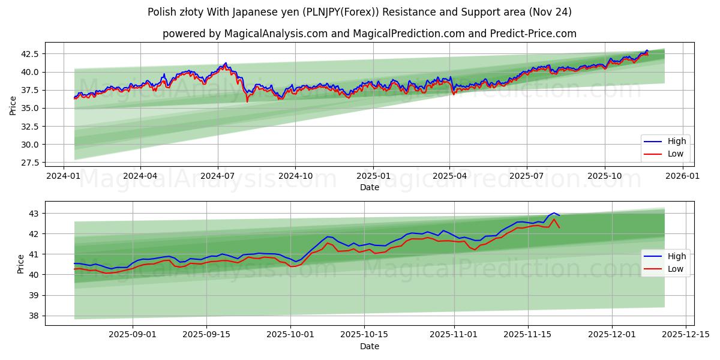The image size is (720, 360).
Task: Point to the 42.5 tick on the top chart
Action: [x=30, y=54]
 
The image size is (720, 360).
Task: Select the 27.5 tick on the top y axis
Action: [x=30, y=163]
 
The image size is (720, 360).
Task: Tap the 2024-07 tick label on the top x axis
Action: [x=217, y=176]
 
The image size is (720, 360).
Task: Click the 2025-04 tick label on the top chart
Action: [x=449, y=176]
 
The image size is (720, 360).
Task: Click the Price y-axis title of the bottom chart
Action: [x=21, y=263]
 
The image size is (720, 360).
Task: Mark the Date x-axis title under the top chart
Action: [x=369, y=187]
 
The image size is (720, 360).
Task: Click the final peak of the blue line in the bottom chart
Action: [x=553, y=213]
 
